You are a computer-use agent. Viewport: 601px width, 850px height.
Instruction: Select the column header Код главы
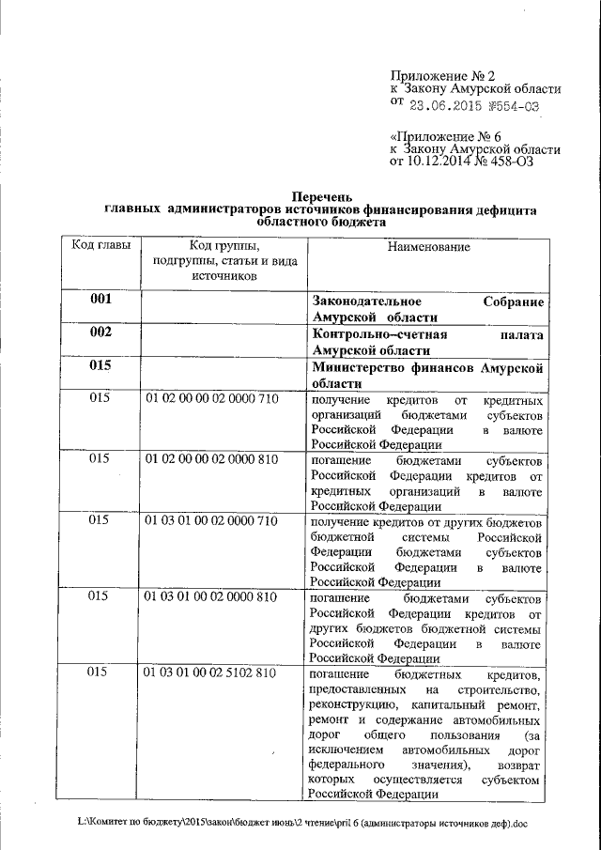coord(100,245)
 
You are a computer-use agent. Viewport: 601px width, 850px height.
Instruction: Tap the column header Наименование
coord(426,245)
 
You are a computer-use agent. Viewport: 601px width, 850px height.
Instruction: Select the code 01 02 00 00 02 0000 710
coord(211,399)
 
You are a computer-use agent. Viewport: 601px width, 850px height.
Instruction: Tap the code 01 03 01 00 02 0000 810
coord(211,596)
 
